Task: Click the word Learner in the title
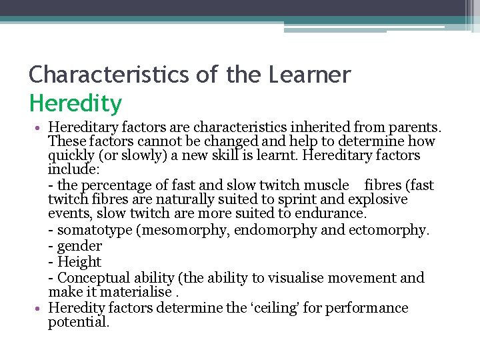(309, 75)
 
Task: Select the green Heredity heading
(75, 103)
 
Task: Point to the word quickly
(73, 156)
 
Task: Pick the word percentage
(119, 185)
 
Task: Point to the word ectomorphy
(390, 230)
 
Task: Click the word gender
(79, 246)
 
